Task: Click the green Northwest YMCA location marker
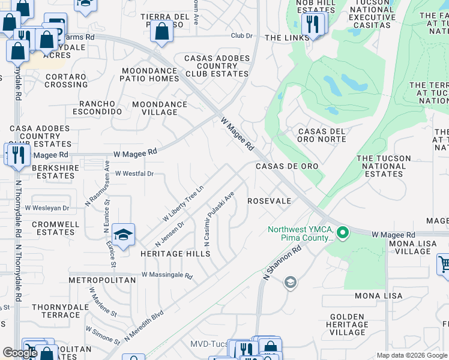coord(343,232)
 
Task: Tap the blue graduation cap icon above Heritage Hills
coord(123,235)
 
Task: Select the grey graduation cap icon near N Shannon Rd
coord(291,283)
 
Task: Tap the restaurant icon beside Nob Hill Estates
coord(312,25)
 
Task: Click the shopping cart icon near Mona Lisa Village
coord(444,263)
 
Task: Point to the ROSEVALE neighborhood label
coord(269,201)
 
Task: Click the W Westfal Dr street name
coord(134,173)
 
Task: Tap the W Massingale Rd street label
coord(167,276)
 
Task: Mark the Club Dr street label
coord(242,35)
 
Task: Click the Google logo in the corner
coord(20,352)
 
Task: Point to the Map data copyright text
coord(412,355)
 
